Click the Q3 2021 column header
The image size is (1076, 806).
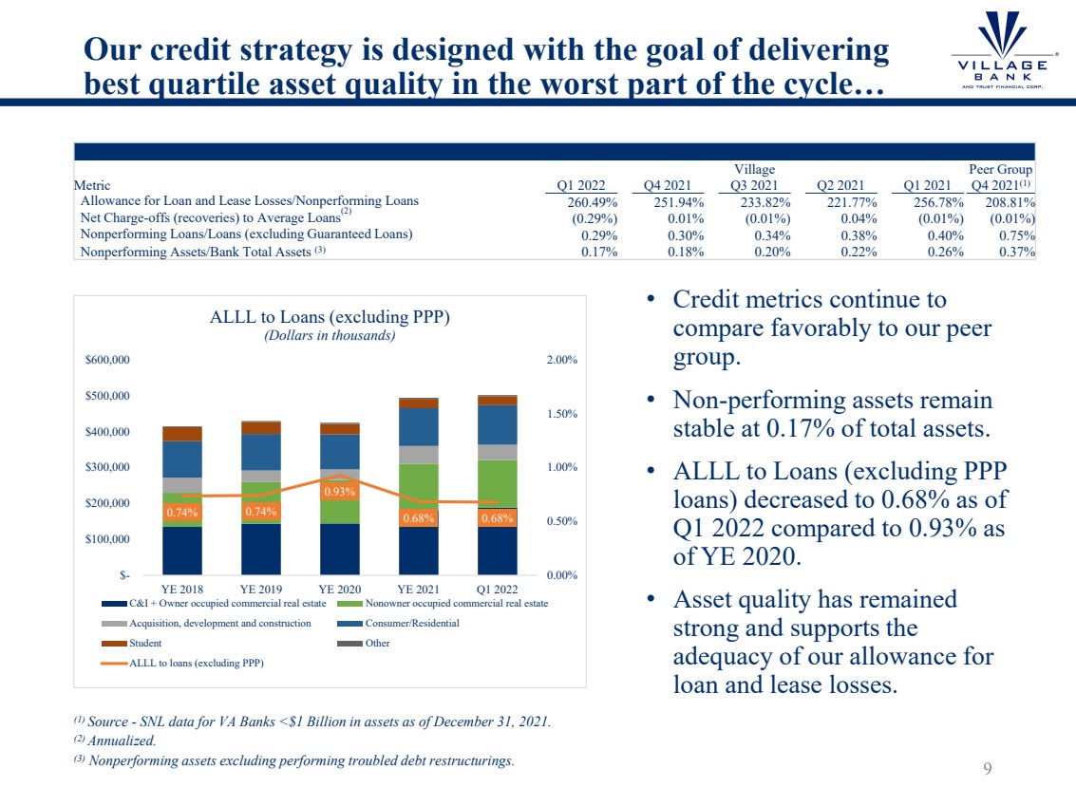(754, 186)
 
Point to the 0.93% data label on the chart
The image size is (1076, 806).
(339, 492)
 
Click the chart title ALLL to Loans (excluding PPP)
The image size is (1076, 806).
(330, 318)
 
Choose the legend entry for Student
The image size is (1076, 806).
(145, 643)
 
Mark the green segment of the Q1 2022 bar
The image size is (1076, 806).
(497, 483)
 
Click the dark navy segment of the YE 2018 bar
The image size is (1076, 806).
(182, 550)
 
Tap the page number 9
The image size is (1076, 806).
(987, 769)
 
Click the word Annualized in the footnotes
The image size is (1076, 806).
(122, 740)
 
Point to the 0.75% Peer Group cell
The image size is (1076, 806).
(1016, 234)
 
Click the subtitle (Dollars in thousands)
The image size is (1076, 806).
(330, 335)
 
